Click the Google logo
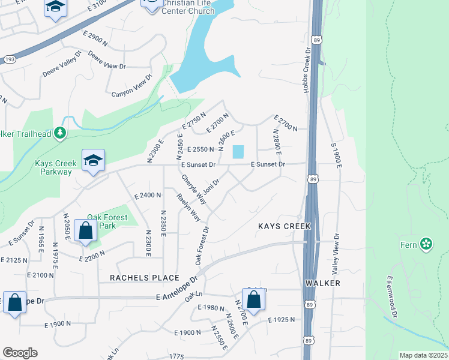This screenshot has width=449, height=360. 20,353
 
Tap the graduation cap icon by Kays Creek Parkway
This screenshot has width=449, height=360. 93,160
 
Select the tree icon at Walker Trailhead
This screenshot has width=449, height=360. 59,133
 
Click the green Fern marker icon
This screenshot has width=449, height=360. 426,244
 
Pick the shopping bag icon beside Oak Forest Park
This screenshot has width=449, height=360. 86,230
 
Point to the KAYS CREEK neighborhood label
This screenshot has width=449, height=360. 284,226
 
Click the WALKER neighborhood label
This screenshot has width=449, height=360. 322,283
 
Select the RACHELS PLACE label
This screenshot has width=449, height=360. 145,278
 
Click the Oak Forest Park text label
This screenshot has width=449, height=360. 101,222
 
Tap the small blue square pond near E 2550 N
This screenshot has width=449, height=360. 238,152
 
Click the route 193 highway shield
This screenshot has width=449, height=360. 9,59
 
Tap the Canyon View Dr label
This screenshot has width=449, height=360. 133,86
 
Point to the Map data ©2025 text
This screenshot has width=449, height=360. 423,355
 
